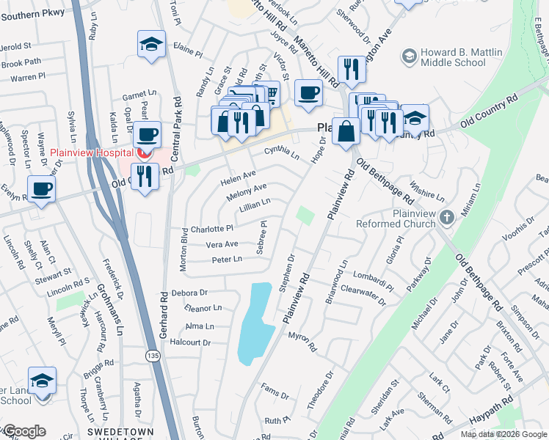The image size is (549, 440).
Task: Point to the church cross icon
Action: (447, 217)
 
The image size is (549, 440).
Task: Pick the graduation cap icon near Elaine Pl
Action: (151, 45)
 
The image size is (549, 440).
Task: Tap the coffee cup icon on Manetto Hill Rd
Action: (308, 92)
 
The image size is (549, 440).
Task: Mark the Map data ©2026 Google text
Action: (503, 434)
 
